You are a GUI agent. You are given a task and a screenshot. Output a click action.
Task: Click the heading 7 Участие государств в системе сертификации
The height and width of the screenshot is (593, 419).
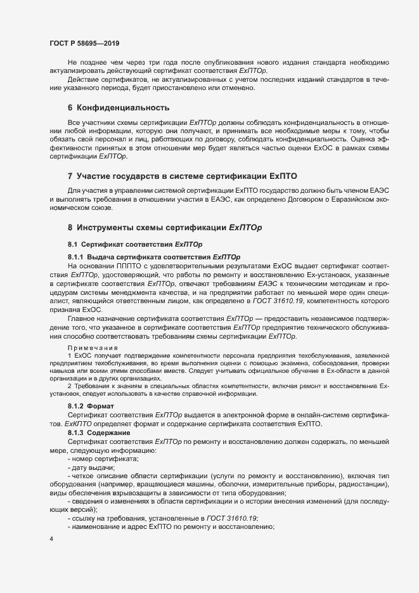coord(183,176)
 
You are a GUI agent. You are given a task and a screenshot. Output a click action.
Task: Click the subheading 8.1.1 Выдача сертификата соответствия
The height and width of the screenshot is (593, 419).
coord(153,256)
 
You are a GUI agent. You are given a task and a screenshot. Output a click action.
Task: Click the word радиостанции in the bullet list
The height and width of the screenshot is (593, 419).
coord(364,485)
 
